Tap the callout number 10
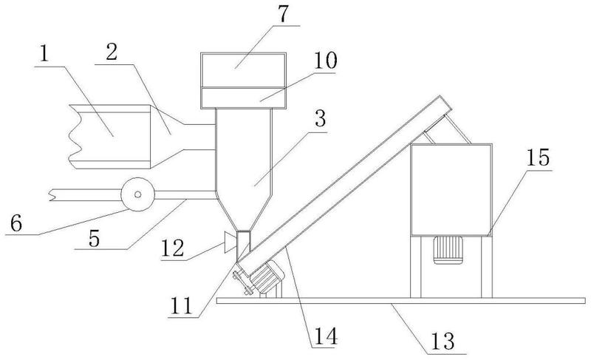325,61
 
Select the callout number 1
44,54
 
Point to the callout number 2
112,52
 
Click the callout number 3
320,118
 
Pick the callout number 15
538,157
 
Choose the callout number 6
16,223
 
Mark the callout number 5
95,238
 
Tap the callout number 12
172,248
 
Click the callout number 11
182,306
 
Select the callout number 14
326,336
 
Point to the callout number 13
443,342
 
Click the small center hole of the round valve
137,194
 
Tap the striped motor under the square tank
448,250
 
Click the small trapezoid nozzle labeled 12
230,242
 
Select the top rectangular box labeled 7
244,70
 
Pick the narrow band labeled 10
244,98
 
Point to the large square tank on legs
451,190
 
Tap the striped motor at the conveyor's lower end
267,277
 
